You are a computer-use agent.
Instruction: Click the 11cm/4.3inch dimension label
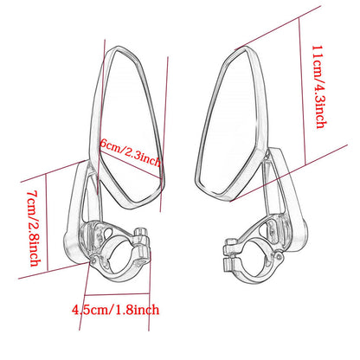(319, 87)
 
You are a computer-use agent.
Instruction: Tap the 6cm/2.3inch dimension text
(130, 152)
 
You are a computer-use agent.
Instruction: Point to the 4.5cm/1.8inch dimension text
(115, 310)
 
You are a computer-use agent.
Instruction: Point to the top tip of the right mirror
(246, 47)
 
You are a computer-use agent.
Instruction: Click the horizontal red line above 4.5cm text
(117, 294)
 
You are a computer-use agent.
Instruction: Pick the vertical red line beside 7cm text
(47, 222)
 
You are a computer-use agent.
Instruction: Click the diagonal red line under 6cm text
(130, 164)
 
